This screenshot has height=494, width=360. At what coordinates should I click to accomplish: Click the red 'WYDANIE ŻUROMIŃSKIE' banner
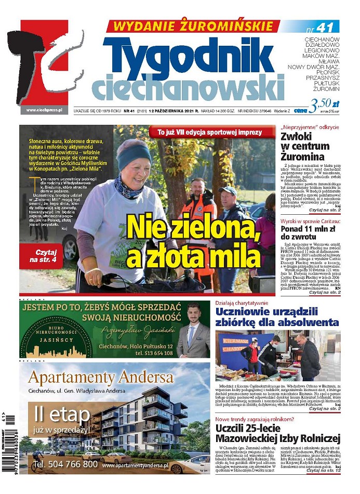pos(193,26)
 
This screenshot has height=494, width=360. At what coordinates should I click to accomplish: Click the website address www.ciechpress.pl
pos(44,110)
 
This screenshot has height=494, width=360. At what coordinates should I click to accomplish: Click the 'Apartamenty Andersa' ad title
pos(101,377)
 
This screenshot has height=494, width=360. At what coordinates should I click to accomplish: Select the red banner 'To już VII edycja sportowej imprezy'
pos(210,133)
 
